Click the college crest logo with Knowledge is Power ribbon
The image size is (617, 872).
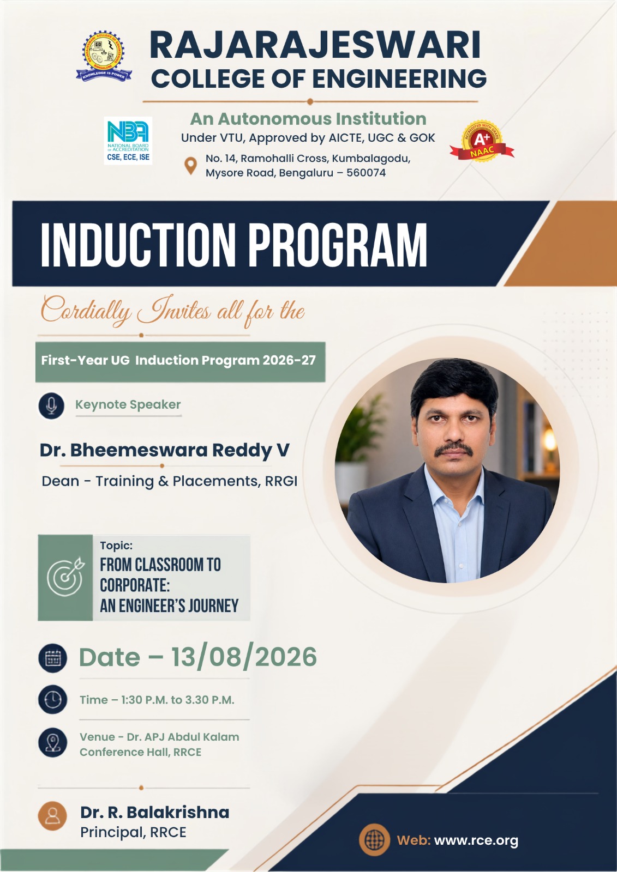click(104, 56)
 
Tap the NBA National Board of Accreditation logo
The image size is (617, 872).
click(128, 141)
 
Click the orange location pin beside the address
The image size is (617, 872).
click(190, 166)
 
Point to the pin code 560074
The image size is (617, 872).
click(366, 173)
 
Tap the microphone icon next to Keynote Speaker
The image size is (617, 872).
click(51, 405)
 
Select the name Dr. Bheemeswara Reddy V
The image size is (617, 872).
click(165, 450)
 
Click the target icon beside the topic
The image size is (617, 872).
click(65, 577)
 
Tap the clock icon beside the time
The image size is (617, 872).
click(52, 700)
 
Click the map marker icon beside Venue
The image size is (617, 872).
click(52, 742)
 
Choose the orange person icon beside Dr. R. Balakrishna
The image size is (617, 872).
click(52, 816)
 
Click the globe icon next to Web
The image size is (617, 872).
click(374, 839)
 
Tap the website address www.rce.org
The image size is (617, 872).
click(476, 840)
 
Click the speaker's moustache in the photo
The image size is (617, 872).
click(454, 449)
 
